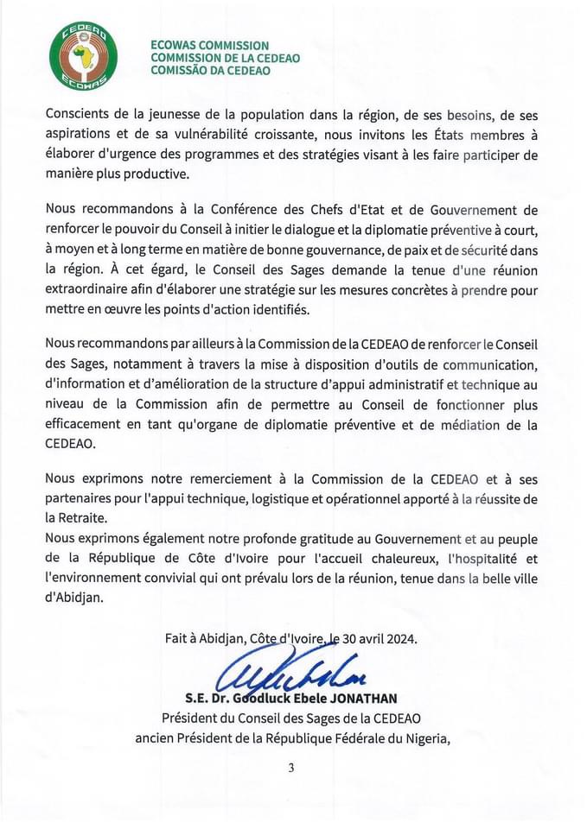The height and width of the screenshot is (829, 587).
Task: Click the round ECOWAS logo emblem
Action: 84,56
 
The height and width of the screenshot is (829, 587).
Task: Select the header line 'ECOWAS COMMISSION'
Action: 209,45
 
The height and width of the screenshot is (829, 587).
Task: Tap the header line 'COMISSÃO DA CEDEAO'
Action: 210,71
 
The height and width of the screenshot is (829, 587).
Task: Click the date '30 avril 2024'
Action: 380,640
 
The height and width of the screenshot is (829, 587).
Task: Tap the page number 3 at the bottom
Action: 292,768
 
